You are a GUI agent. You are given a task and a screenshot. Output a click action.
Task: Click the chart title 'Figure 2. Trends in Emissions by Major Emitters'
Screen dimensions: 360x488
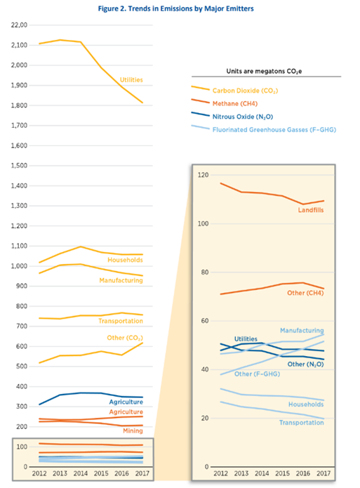(176, 8)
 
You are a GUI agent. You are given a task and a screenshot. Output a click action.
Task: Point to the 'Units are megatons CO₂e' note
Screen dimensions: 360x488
(264, 72)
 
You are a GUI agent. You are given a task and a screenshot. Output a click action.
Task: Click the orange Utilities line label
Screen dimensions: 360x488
(131, 80)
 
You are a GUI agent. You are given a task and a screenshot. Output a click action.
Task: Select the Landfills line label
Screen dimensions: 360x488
(311, 210)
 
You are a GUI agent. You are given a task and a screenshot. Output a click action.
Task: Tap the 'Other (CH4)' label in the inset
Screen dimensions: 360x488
(305, 293)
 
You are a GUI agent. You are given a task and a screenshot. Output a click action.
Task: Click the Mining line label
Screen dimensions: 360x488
(133, 430)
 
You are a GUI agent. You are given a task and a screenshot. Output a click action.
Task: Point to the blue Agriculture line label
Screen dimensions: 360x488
(126, 402)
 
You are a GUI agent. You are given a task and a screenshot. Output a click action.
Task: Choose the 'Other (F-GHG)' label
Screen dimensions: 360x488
(257, 374)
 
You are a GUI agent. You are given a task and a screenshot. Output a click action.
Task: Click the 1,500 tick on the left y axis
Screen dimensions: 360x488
(19, 166)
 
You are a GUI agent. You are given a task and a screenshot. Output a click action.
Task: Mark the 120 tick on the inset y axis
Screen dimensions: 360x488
(204, 175)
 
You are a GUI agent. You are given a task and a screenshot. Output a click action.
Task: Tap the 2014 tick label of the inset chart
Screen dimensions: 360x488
(262, 473)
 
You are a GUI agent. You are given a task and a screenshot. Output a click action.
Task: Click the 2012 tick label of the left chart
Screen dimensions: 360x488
(39, 473)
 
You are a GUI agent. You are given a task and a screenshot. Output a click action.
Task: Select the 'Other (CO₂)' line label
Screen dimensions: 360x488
(125, 338)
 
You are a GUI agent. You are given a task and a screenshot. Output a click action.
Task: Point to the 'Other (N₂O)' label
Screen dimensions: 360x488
(305, 364)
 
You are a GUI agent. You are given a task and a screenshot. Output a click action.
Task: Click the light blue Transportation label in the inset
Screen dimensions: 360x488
(302, 423)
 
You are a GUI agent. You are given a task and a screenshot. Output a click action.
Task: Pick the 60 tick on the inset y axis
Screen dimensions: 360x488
(204, 321)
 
